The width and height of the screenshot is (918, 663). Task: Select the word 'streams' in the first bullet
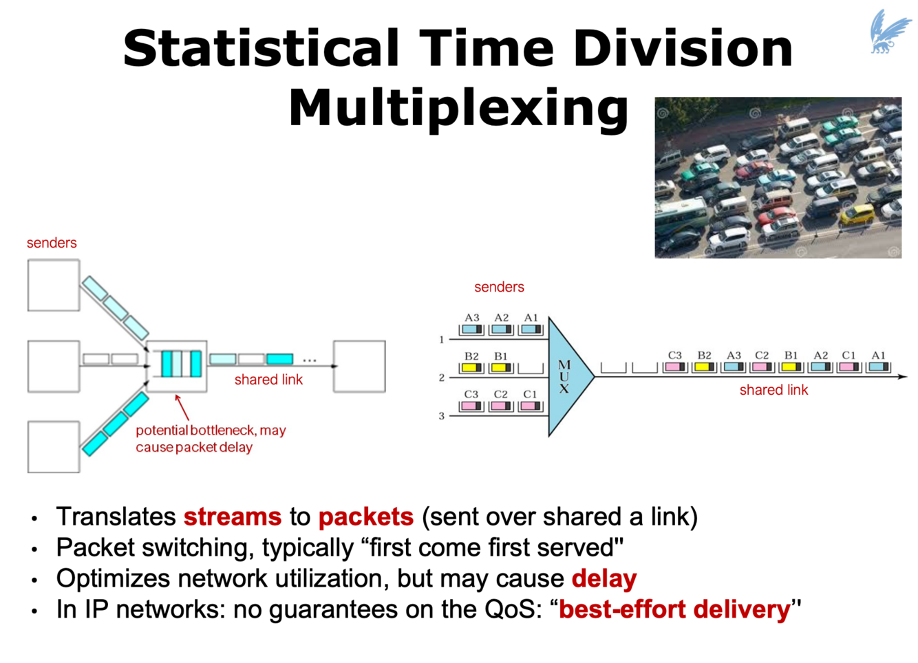coord(232,517)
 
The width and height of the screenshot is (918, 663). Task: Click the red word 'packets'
coord(365,517)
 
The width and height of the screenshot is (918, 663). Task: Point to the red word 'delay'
coord(604,578)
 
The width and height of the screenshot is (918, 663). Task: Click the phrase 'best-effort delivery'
coord(674,609)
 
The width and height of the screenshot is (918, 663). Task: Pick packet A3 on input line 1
coord(471,329)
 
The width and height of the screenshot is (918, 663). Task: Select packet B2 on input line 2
coord(471,368)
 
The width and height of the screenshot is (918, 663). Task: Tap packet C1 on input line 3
coord(530,406)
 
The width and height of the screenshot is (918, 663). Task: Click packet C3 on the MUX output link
coord(674,367)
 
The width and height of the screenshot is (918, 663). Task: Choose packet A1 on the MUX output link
coord(878,367)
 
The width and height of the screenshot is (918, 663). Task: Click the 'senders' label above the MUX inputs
coord(499,287)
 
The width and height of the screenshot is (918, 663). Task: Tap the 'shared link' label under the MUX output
coord(773,390)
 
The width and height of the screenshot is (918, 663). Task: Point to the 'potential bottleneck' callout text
coord(210,438)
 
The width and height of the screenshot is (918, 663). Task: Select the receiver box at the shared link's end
coord(359,366)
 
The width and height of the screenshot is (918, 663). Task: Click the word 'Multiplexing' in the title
coord(458,108)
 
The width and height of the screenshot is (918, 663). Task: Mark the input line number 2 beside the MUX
coord(442,378)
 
